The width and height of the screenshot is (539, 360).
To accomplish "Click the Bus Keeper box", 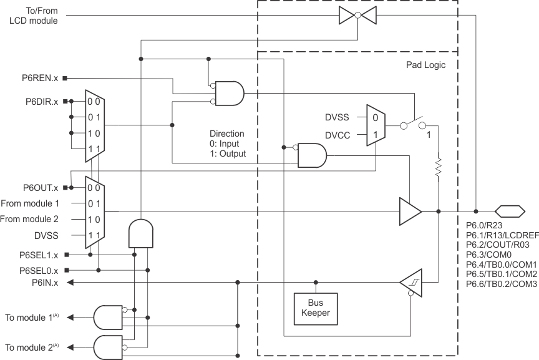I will point(316,306).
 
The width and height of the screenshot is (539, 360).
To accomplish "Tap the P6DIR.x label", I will point(42,101).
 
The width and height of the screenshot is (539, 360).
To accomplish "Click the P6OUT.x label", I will point(41,187).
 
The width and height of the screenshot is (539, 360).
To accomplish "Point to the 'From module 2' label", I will point(30,219).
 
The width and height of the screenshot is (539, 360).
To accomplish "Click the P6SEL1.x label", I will point(39,255).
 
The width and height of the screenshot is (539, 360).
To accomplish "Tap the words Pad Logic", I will point(422,65).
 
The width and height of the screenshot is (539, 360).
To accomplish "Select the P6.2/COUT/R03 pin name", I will point(497,245).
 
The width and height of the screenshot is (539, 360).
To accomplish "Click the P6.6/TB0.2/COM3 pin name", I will point(502,284).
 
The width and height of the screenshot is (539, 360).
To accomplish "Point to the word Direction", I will point(226,134).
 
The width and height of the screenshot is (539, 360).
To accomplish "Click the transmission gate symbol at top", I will point(356,16).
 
